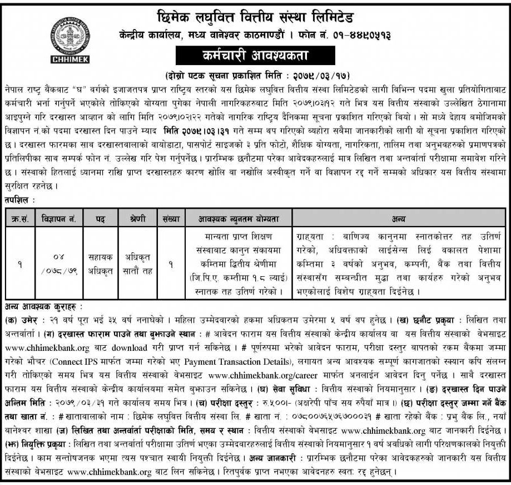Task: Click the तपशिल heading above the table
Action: (18, 198)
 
